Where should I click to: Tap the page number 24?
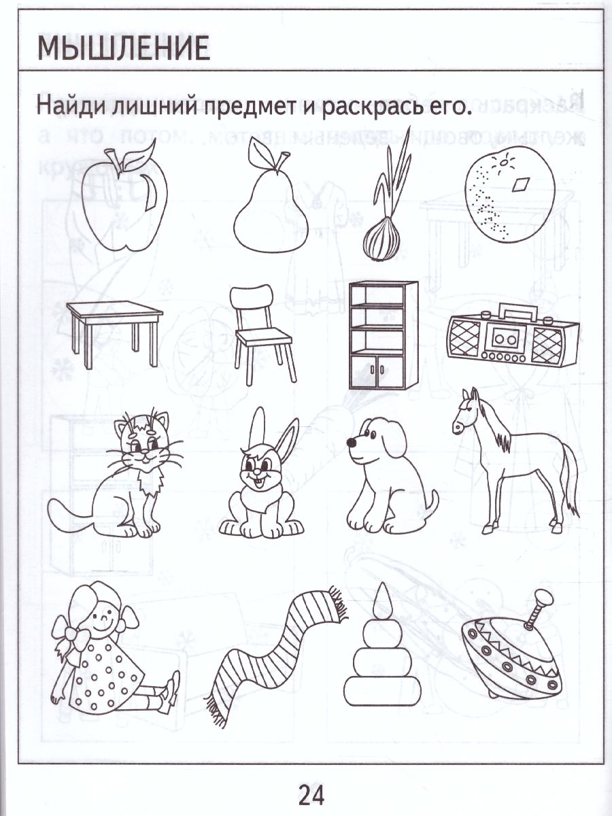point(311,793)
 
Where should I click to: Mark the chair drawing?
point(262,333)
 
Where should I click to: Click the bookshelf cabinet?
point(382,337)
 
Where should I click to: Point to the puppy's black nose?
point(352,443)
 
